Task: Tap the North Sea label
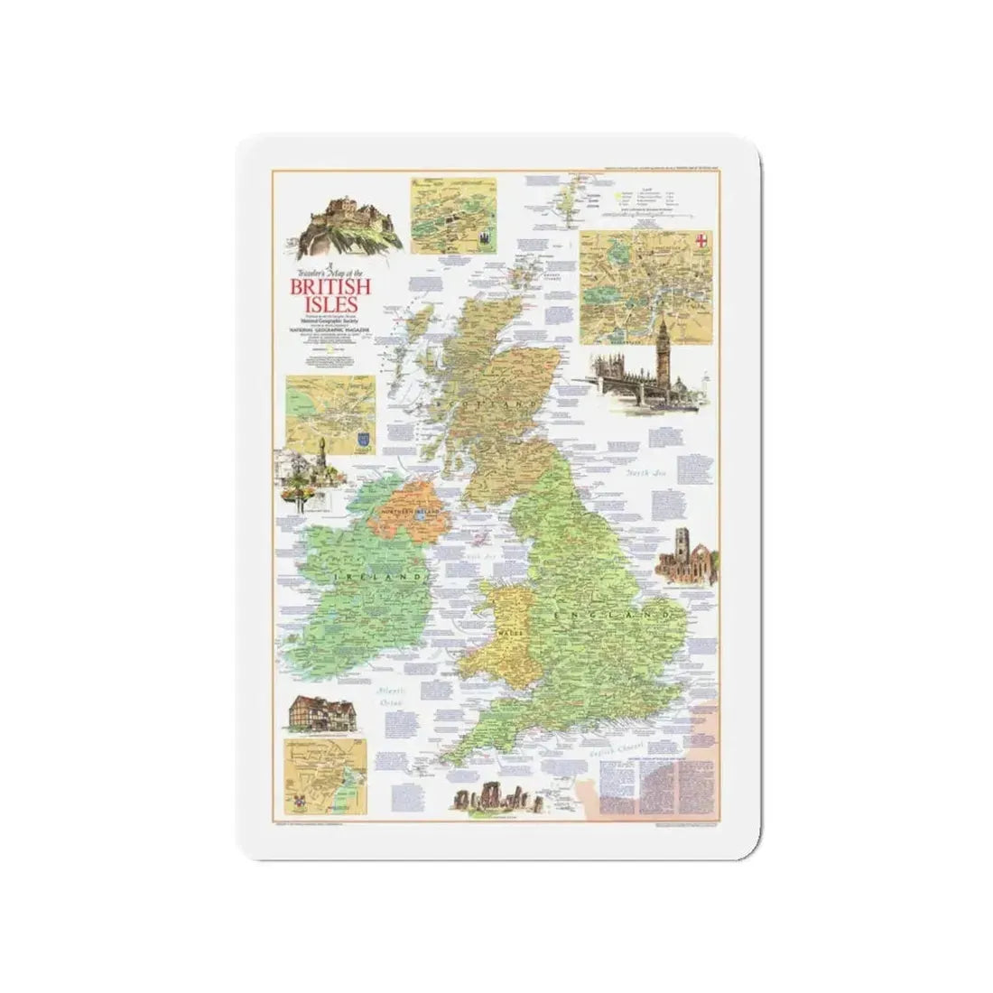[647, 471]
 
